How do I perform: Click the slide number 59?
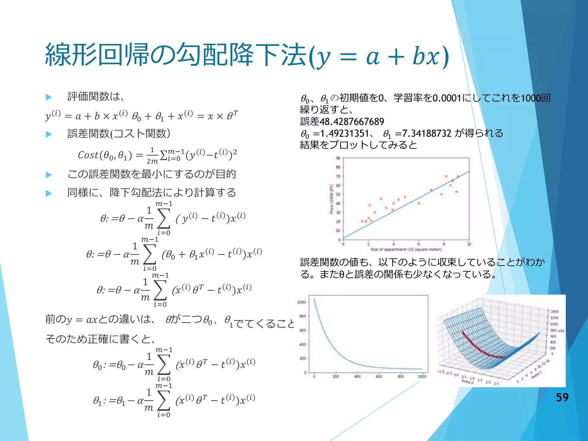562,397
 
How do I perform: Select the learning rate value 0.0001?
446,98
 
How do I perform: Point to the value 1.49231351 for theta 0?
344,134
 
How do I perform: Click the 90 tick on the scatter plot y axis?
338,158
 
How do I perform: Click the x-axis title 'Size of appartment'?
406,249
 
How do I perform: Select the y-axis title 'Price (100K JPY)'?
331,199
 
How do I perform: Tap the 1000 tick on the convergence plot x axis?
422,376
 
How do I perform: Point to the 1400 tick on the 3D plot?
554,312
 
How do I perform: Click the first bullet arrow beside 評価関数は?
49,97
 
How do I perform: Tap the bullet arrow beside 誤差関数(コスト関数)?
49,134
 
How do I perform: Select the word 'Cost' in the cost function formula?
88,155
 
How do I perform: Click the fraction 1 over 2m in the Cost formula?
152,156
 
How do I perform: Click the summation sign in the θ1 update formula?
164,400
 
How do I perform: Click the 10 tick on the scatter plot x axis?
469,244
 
